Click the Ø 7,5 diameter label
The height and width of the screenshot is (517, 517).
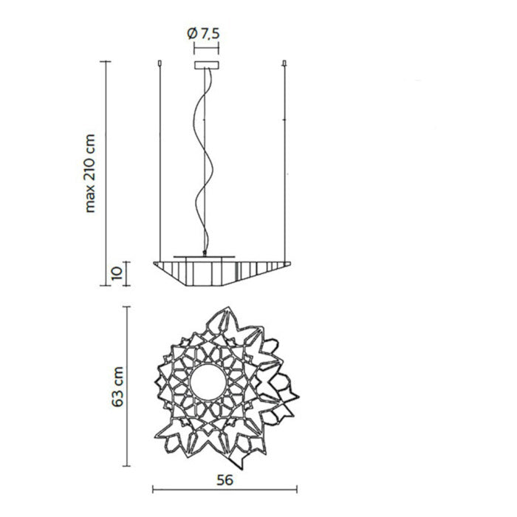(203, 34)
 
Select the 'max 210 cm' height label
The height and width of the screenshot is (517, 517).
(89, 174)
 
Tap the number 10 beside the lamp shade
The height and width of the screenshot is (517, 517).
(117, 273)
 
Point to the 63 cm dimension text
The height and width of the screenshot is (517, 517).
(117, 387)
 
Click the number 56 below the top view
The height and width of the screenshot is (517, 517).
(225, 480)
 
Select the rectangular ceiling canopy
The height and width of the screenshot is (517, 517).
(206, 65)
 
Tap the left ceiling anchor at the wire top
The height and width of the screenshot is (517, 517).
(160, 63)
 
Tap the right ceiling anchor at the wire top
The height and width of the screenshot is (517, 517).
(285, 63)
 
